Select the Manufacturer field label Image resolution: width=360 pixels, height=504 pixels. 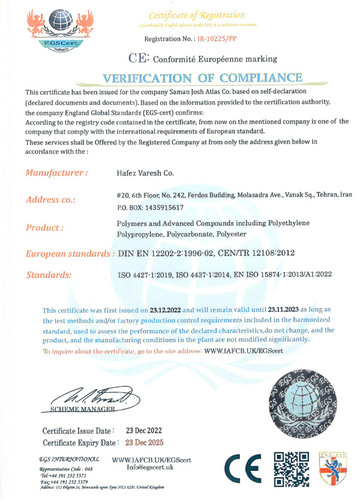click(x=57, y=173)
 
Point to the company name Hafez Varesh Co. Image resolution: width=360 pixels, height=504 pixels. click(x=145, y=173)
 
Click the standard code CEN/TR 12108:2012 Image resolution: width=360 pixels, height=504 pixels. click(x=260, y=254)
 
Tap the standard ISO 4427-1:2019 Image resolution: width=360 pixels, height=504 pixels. click(x=153, y=274)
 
